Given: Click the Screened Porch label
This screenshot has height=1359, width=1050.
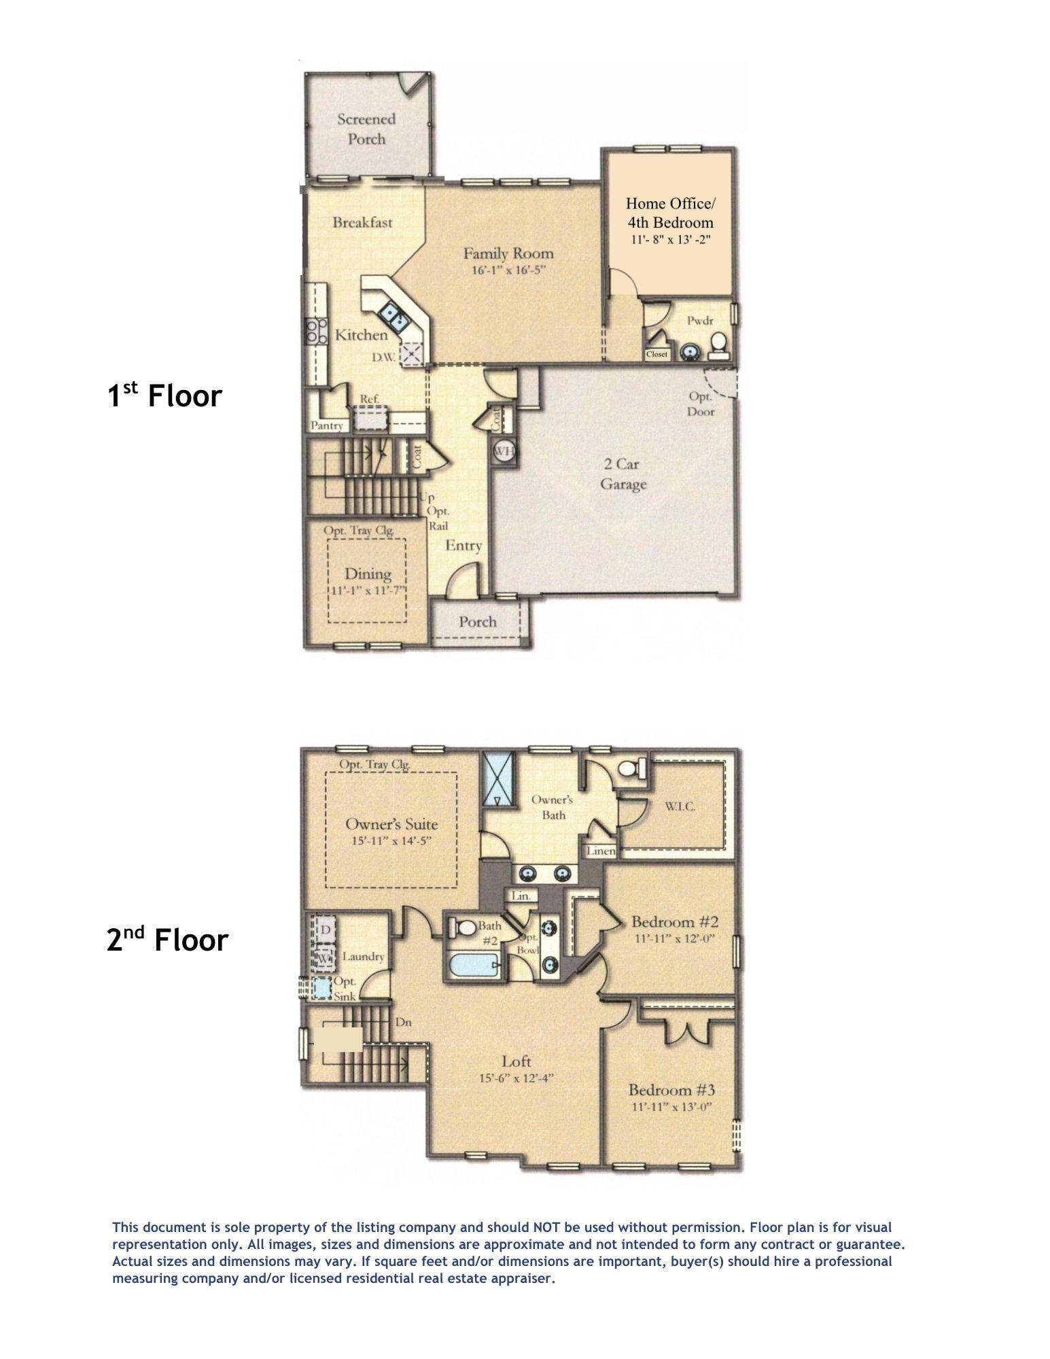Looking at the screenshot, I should (366, 129).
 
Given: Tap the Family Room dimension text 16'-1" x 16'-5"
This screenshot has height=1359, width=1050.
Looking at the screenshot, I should (508, 270).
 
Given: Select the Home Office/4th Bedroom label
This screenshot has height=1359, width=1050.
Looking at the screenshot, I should (670, 213).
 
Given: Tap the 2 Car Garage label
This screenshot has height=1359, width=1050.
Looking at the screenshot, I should (623, 474).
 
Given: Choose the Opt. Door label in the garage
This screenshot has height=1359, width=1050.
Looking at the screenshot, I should (701, 404).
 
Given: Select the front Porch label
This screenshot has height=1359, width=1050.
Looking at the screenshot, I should (477, 622).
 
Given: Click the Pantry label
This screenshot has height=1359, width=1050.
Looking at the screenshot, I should (328, 426).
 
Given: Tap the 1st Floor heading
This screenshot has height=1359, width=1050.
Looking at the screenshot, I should (165, 395).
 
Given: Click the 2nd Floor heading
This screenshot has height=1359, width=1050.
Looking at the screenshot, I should (167, 940).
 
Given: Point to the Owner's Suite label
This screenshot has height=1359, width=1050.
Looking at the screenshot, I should (391, 824).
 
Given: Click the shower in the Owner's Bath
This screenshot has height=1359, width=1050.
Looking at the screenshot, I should (497, 779).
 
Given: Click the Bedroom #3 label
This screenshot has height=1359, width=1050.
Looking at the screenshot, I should (671, 1091).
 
